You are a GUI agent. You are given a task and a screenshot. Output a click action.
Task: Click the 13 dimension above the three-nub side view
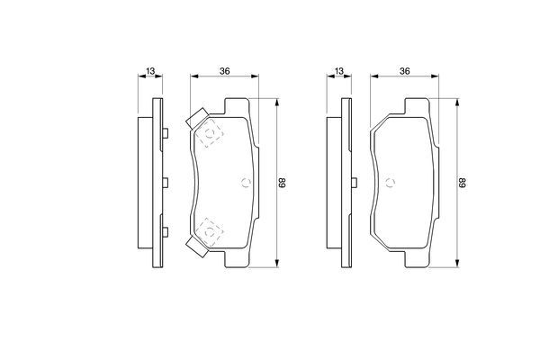(x=150, y=71)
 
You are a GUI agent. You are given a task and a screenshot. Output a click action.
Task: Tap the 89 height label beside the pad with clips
(x=282, y=183)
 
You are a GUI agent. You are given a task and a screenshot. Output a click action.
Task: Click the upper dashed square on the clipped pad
(x=211, y=134)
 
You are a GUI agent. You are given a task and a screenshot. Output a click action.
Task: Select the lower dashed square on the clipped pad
(x=211, y=231)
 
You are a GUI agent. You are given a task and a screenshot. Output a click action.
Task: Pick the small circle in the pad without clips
(x=391, y=182)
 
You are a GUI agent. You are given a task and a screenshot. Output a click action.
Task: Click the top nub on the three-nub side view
(x=166, y=134)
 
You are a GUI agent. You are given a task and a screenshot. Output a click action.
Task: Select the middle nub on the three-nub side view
(x=166, y=183)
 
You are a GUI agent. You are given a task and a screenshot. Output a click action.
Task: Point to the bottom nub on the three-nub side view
(x=166, y=231)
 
